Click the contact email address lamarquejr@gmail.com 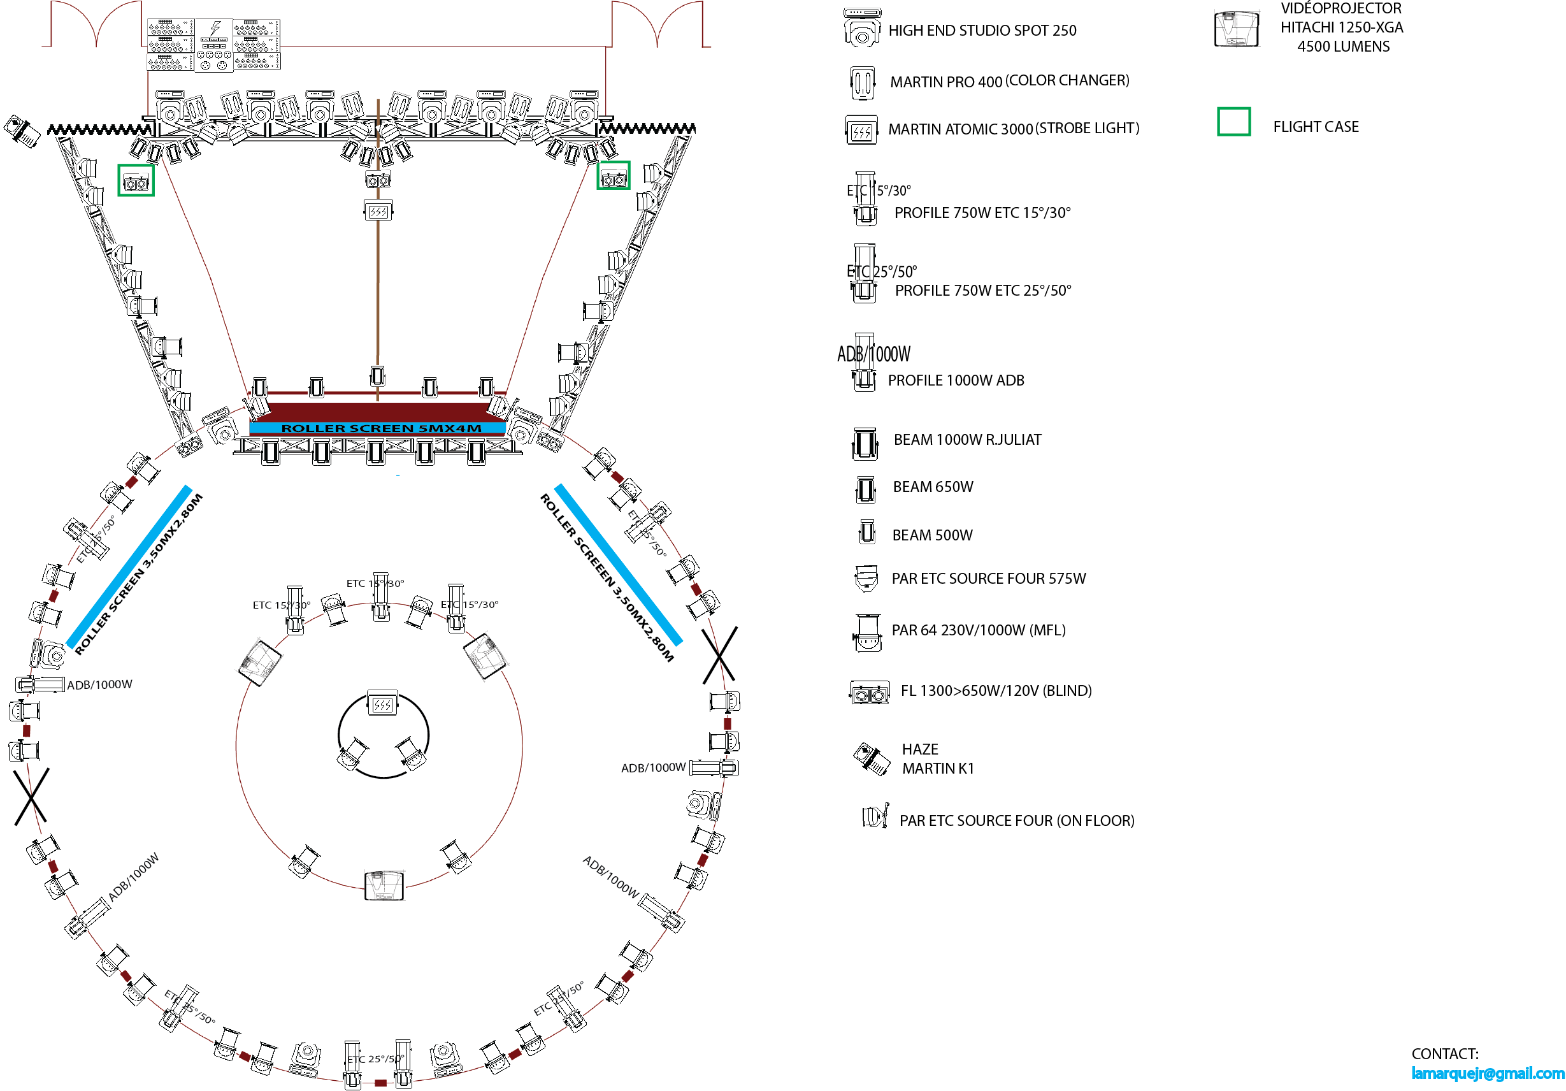pyautogui.click(x=1487, y=1073)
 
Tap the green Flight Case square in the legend pyautogui.click(x=1233, y=122)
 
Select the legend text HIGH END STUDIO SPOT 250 pyautogui.click(x=982, y=31)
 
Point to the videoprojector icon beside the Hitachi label pyautogui.click(x=1236, y=29)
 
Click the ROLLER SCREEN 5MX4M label pyautogui.click(x=380, y=428)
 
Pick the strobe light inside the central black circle pyautogui.click(x=382, y=703)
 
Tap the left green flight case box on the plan pyautogui.click(x=136, y=181)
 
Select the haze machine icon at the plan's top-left pyautogui.click(x=22, y=129)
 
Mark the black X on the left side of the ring pyautogui.click(x=31, y=795)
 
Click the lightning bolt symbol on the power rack pyautogui.click(x=215, y=28)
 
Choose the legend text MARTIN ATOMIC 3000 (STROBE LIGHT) pyautogui.click(x=1013, y=128)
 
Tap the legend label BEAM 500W pyautogui.click(x=931, y=535)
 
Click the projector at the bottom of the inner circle pyautogui.click(x=384, y=885)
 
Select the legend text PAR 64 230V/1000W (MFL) pyautogui.click(x=978, y=630)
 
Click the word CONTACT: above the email pyautogui.click(x=1444, y=1053)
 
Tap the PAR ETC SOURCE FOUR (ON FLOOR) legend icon pyautogui.click(x=874, y=816)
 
